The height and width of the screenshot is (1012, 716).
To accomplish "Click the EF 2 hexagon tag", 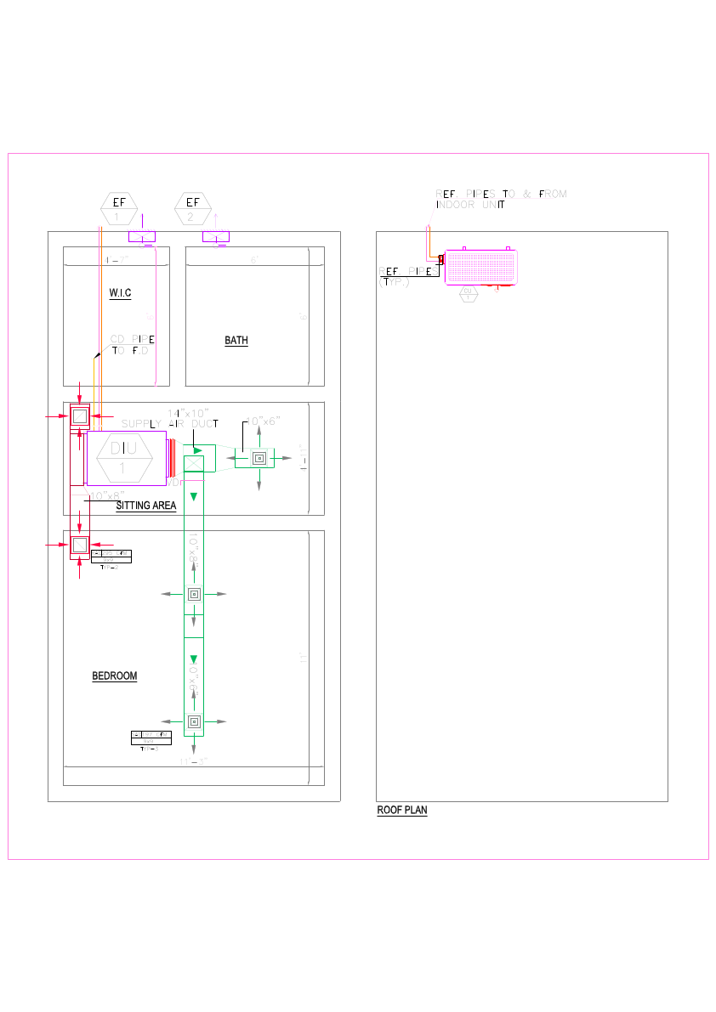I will pos(193,207).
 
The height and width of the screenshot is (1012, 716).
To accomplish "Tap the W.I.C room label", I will pos(120,293).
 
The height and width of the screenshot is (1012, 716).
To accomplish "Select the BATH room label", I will pos(236,341).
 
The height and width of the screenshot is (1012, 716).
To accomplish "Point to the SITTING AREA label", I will pos(145,506).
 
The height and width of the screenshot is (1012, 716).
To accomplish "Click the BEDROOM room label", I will pos(114,676).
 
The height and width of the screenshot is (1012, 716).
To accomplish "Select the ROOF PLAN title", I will pos(402,811).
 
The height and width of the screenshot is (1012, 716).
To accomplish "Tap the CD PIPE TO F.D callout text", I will pos(133,344).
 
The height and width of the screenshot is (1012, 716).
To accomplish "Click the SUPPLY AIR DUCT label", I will pos(170,423).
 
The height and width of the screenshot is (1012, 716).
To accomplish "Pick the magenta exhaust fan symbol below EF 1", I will pos(142,236).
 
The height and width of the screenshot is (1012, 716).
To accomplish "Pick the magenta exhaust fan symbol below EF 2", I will pos(216,236).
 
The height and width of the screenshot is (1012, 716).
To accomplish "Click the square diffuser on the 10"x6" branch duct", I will pos(259,458).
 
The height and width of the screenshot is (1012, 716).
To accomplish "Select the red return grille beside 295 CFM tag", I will pos(79,545).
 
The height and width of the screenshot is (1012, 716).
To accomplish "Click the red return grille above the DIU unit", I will pos(79,416).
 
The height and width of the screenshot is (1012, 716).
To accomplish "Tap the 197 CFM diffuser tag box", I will pos(151,738).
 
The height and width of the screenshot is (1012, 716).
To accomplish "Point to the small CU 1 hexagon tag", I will pos(467,294).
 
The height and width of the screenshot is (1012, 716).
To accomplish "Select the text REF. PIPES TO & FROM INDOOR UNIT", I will pos(501,199).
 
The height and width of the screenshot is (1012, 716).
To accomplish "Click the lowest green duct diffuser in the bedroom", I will pos(194,721).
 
